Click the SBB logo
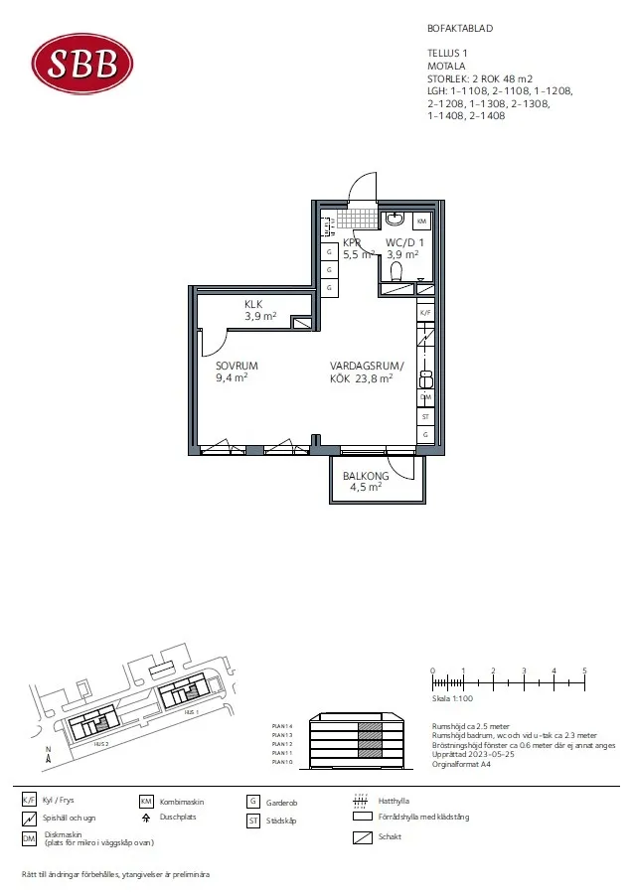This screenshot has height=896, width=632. (x=82, y=63)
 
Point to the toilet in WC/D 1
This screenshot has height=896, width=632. (x=397, y=270)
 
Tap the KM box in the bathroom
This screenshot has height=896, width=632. (x=422, y=221)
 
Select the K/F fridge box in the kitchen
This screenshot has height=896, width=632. (x=425, y=312)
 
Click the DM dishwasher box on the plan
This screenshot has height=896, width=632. (x=425, y=397)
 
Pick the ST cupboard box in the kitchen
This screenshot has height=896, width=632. (x=425, y=416)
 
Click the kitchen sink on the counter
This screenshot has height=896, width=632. (x=425, y=377)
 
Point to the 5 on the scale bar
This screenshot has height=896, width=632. (x=584, y=672)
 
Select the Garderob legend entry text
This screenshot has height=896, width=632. (x=282, y=803)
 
